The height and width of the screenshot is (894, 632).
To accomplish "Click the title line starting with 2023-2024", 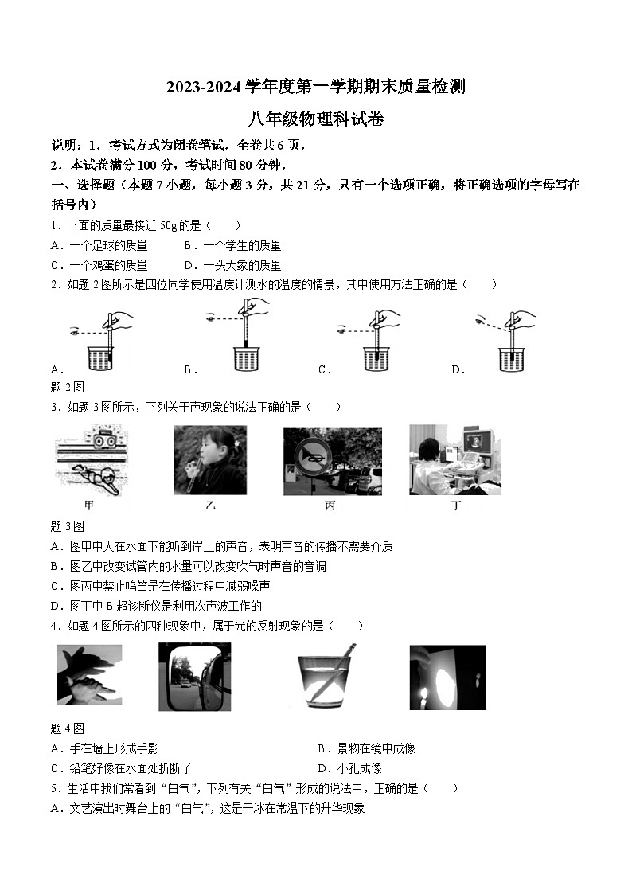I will (x=315, y=88).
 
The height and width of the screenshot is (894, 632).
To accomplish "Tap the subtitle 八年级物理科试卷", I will (x=315, y=119).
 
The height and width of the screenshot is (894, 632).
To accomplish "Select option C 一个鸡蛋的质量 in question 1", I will (x=99, y=265).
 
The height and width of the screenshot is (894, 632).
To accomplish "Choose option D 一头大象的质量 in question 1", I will (x=232, y=265).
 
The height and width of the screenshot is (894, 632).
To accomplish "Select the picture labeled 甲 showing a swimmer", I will (x=92, y=460).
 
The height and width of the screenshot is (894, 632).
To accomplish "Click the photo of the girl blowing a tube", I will (x=210, y=460).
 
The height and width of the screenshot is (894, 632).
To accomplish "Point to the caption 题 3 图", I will (x=68, y=526).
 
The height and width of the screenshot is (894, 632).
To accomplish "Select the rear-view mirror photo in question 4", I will (x=194, y=677).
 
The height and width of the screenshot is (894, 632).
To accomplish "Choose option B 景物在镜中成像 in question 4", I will (x=366, y=748).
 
